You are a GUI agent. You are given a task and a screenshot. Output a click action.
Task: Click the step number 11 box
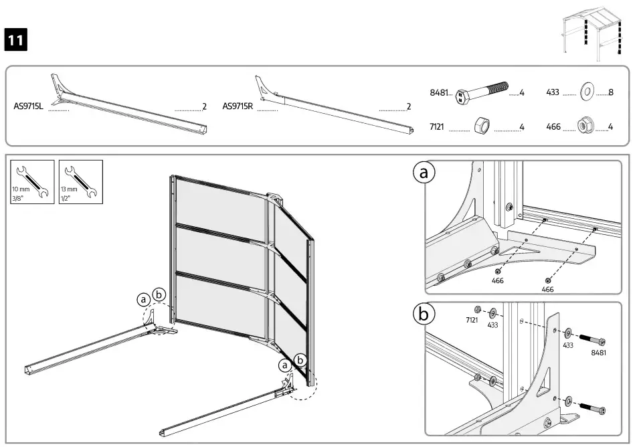pyautogui.click(x=16, y=40)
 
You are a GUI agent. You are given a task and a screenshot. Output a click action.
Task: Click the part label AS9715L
pyautogui.click(x=28, y=106)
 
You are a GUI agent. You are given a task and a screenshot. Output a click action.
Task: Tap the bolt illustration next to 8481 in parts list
pyautogui.click(x=482, y=94)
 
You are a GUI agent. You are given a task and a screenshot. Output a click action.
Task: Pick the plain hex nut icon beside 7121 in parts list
pyautogui.click(x=482, y=126)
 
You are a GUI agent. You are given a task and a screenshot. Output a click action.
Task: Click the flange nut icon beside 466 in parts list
pyautogui.click(x=587, y=126)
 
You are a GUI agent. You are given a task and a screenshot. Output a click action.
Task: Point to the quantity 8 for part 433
pyautogui.click(x=612, y=93)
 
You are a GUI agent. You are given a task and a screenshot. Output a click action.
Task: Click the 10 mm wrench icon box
pyautogui.click(x=31, y=181)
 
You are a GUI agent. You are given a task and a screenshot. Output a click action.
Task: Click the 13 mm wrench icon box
pyautogui.click(x=80, y=181)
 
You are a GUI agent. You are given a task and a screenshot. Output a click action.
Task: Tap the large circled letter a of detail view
pyautogui.click(x=423, y=173)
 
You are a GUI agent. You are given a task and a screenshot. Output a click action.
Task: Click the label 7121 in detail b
pyautogui.click(x=472, y=321)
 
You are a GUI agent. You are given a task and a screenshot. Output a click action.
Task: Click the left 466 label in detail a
pyautogui.click(x=497, y=281)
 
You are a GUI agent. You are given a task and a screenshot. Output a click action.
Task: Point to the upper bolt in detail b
pyautogui.click(x=593, y=339)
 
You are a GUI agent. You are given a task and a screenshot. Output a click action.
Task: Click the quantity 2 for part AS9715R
pyautogui.click(x=408, y=106)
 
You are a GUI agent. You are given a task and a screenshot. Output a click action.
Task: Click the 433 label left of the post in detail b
pyautogui.click(x=492, y=325)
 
